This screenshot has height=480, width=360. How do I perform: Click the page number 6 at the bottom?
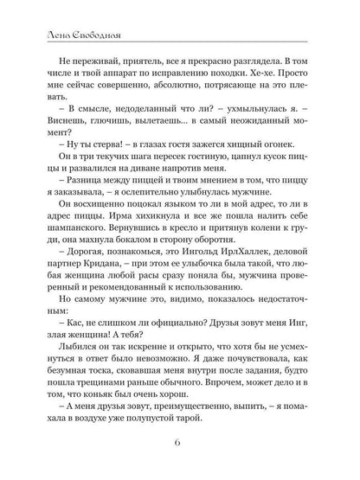[179, 447]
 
